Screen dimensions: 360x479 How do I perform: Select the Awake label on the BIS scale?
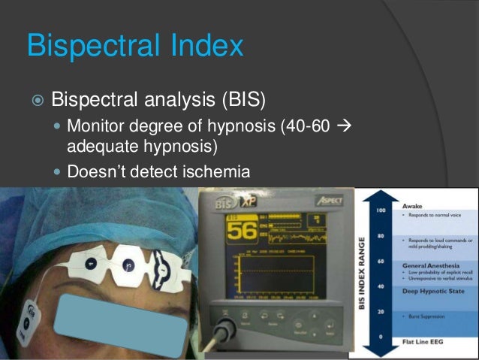413,205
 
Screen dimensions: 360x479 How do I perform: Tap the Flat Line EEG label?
425,338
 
